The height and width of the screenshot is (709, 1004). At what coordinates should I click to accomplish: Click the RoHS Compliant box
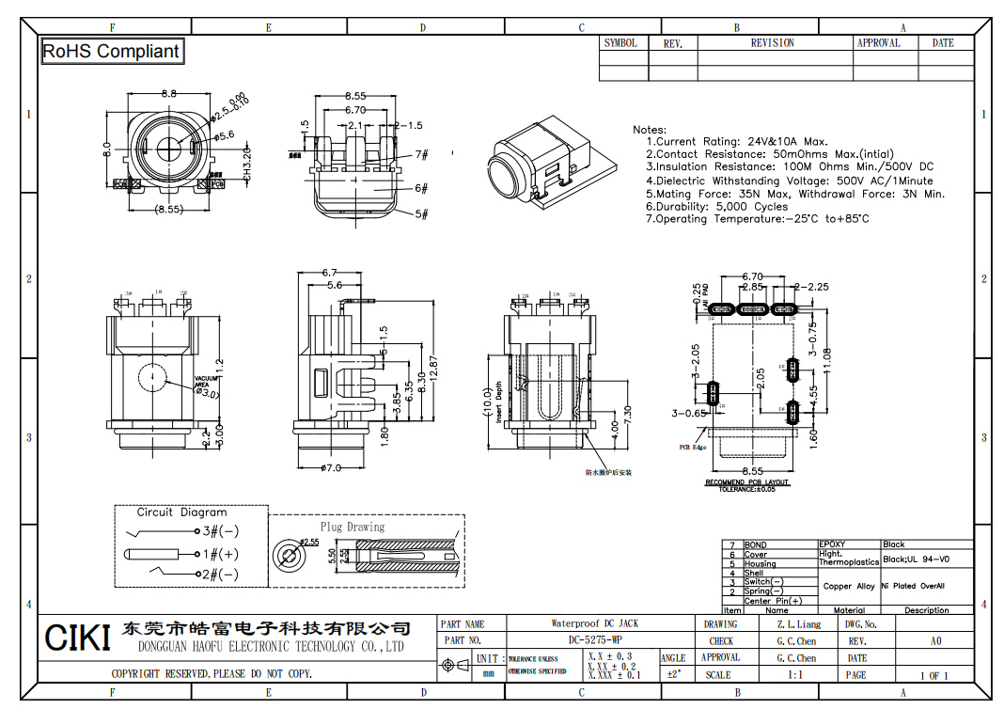[x=111, y=52]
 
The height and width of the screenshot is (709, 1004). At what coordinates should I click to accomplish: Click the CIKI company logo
[x=78, y=638]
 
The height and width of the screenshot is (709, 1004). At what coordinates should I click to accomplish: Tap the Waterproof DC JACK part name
[x=594, y=623]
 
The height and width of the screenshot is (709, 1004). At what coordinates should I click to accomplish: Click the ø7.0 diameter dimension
[x=330, y=468]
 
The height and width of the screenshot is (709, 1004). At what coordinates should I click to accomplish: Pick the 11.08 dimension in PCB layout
[x=827, y=361]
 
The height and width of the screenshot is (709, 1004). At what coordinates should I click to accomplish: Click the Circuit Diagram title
[x=181, y=512]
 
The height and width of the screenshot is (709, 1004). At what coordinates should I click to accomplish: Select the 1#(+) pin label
[x=218, y=554]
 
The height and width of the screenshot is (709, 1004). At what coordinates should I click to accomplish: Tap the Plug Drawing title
[x=353, y=527]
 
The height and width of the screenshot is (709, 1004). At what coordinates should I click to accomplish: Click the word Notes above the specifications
[x=650, y=130]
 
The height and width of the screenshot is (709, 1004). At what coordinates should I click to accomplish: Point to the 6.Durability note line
[x=716, y=207]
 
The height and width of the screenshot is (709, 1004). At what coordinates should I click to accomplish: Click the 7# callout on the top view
[x=421, y=155]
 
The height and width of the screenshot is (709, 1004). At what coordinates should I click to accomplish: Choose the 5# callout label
[x=421, y=214]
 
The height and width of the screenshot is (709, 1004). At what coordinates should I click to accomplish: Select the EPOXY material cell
[x=833, y=544]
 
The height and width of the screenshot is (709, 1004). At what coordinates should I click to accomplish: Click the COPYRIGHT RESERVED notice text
[x=212, y=674]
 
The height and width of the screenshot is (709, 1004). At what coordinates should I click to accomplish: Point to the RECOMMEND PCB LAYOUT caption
[x=747, y=482]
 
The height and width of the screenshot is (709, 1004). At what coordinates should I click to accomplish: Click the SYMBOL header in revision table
[x=620, y=43]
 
